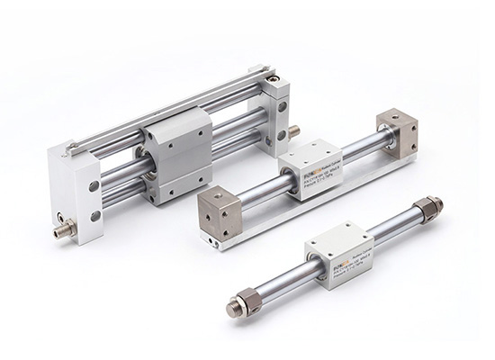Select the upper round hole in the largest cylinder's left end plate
pos(94,185)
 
